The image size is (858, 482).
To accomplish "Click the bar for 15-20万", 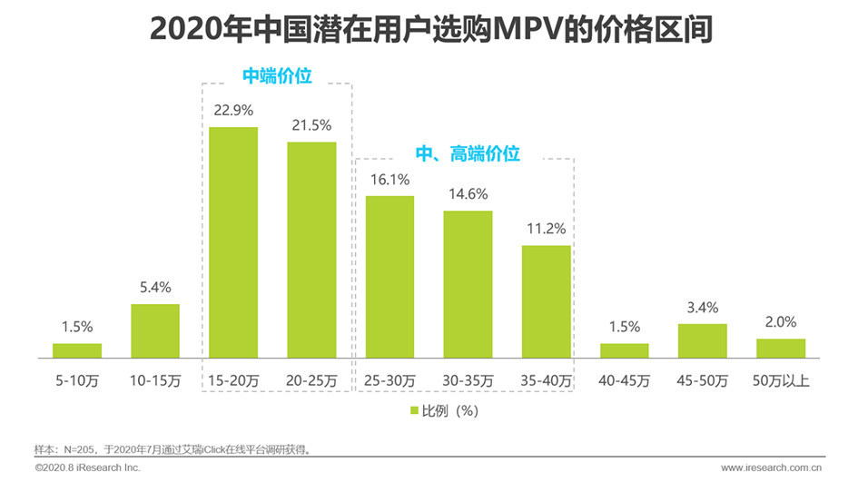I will [x=233, y=242].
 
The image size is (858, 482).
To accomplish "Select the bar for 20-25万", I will [x=311, y=250].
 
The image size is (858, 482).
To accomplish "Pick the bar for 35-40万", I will [x=546, y=301].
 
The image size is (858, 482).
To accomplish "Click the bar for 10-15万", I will [x=155, y=330].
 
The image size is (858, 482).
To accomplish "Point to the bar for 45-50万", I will [x=702, y=340].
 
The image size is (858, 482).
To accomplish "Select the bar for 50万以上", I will [x=780, y=348].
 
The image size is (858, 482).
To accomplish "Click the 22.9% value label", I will [x=233, y=111].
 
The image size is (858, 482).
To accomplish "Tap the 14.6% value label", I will [x=468, y=193].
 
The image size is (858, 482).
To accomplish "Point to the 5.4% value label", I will [x=155, y=287].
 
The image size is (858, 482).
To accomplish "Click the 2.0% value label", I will [x=780, y=322].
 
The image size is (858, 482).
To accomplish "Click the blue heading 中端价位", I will [x=277, y=76].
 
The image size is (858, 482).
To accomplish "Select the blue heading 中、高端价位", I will [x=468, y=154].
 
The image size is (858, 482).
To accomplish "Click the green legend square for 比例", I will [x=414, y=410].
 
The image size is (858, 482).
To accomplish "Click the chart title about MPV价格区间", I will [x=429, y=29].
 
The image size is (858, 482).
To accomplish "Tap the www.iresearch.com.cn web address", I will [x=771, y=467].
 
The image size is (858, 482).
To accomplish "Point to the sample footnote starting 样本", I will [x=178, y=448].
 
